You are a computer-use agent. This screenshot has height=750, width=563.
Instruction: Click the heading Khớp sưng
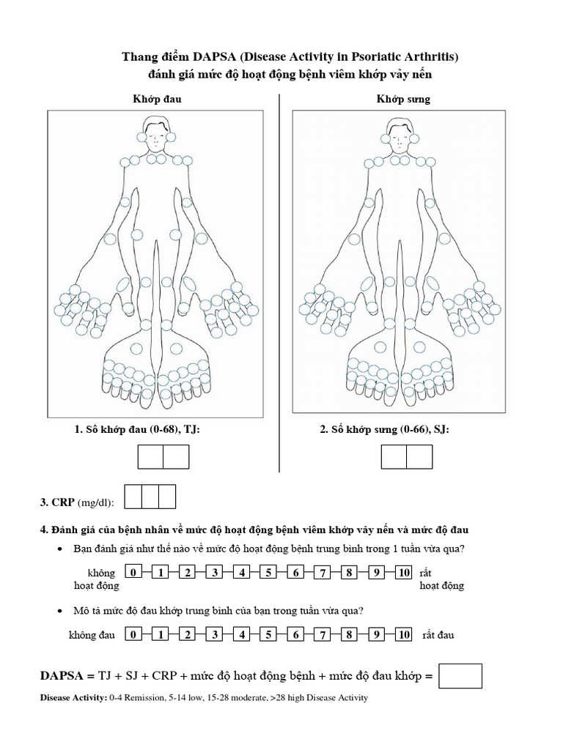pos(403,98)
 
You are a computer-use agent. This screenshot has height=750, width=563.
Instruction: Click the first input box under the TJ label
pos(150,457)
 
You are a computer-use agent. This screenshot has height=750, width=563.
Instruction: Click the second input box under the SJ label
pos(419,457)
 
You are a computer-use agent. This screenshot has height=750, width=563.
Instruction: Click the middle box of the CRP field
pos(150,497)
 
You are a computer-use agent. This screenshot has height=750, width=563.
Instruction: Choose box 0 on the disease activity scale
pos(133,573)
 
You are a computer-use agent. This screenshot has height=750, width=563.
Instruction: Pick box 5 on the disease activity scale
pos(269,573)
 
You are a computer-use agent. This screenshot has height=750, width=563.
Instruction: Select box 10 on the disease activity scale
pos(403,573)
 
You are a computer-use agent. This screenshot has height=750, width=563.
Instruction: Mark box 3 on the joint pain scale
pos(214,635)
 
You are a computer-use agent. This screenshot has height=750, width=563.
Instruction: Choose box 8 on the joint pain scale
pos(350,635)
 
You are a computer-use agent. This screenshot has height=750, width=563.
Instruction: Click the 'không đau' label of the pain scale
pos(92,635)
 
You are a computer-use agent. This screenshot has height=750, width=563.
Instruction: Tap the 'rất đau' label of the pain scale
pos(438,635)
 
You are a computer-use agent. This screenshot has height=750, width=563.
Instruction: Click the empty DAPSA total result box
pos(460,676)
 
